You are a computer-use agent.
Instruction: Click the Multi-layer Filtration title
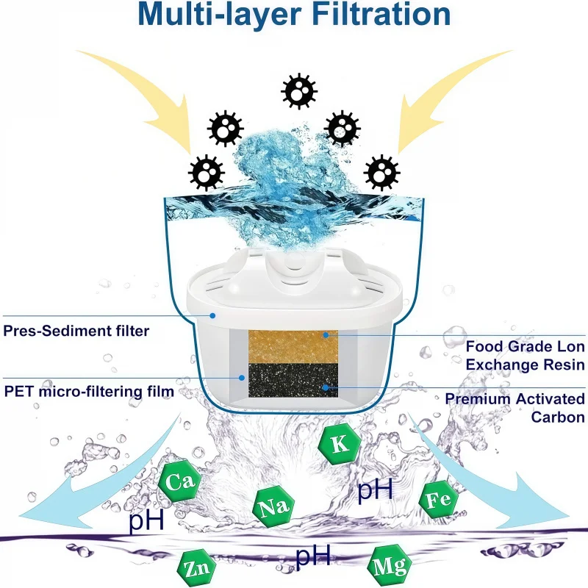pos(294,15)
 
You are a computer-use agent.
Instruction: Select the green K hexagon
pos(339,443)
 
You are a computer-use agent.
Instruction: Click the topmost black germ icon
pos(299,90)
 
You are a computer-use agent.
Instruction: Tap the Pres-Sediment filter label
pos(76,331)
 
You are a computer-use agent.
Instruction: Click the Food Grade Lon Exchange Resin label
pos(526,354)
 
